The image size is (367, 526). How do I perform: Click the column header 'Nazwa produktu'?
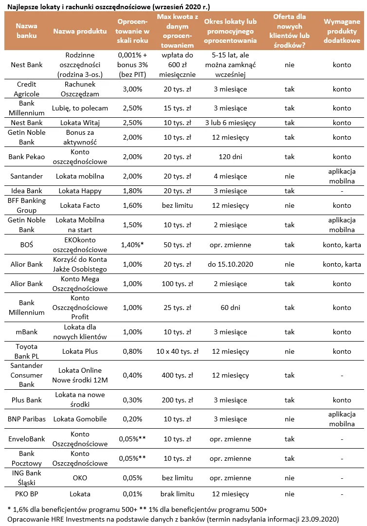(x=80, y=31)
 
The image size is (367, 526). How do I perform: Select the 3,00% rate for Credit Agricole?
(x=129, y=89)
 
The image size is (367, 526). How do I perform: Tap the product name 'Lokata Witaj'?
(x=80, y=123)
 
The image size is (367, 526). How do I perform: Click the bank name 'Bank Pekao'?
(x=26, y=157)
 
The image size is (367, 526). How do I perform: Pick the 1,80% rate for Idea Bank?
(x=129, y=191)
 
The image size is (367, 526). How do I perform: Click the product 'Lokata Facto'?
(x=80, y=205)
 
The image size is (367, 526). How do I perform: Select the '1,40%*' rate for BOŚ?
(x=129, y=244)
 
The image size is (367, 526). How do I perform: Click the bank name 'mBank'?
(x=26, y=332)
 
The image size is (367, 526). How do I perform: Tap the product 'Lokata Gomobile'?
(x=80, y=419)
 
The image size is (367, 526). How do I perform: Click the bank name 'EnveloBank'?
(x=26, y=439)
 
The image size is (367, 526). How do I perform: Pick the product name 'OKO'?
(x=80, y=478)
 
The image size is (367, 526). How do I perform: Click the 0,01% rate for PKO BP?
(x=129, y=494)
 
